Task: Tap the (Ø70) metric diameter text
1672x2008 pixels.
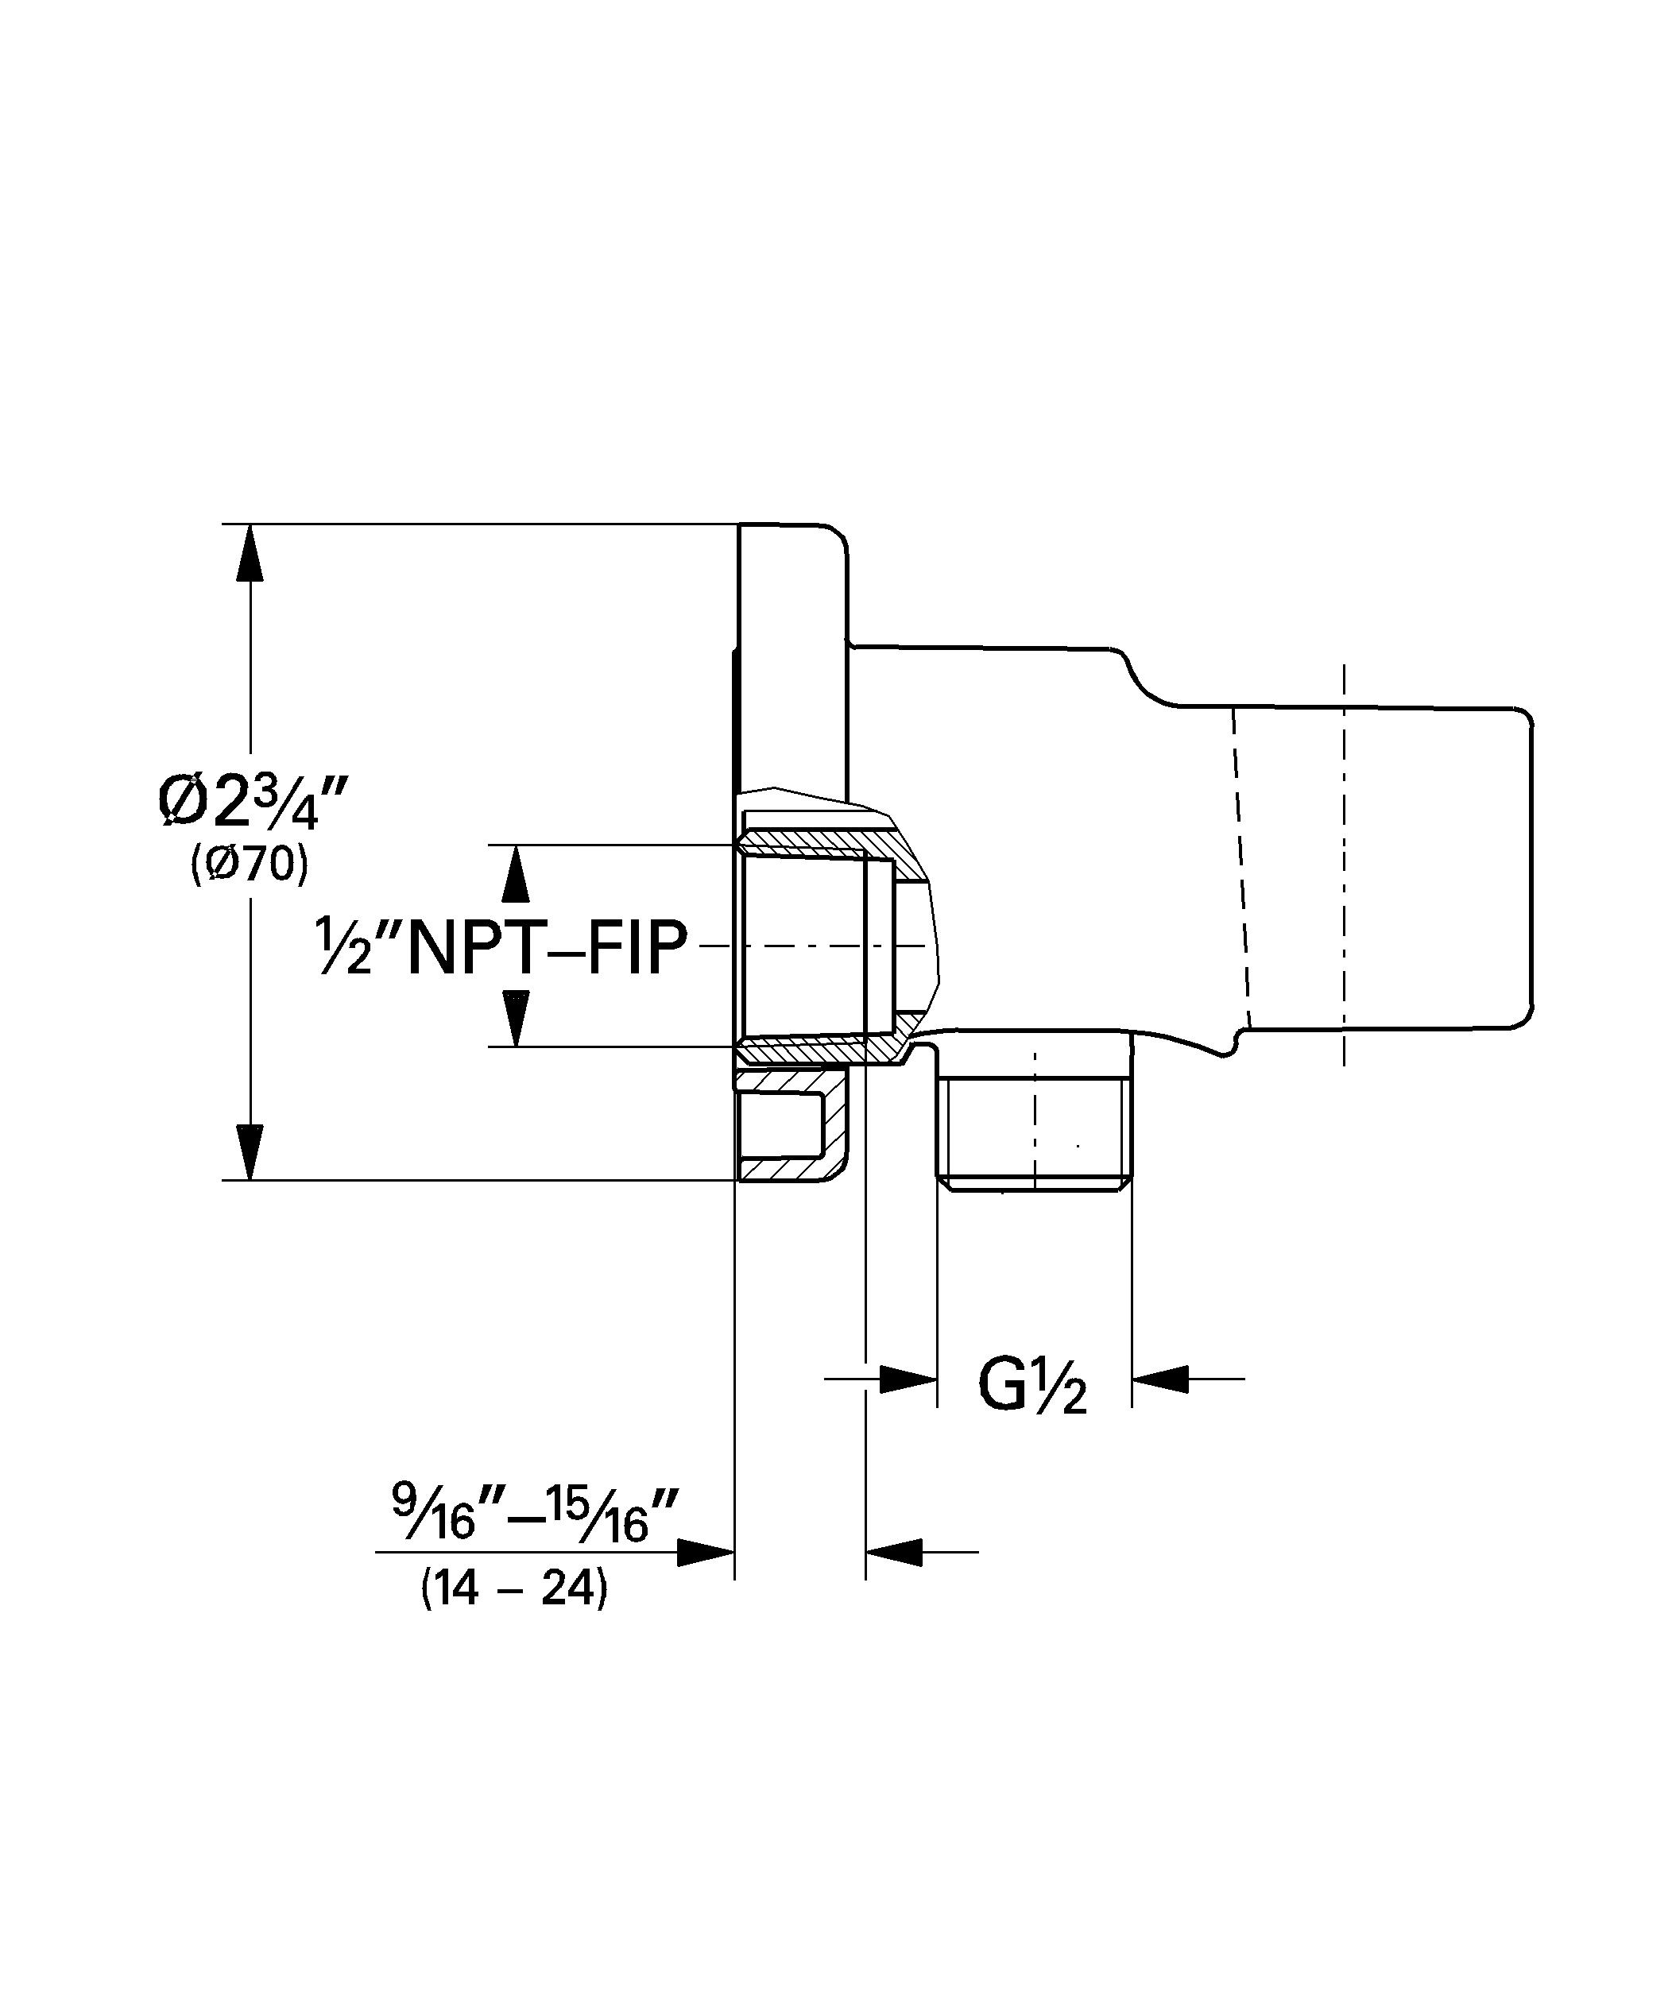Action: point(250,865)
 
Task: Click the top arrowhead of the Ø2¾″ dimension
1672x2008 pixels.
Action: point(250,553)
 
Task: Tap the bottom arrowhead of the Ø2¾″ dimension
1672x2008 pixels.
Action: point(250,1152)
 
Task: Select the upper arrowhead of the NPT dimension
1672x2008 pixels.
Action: point(516,874)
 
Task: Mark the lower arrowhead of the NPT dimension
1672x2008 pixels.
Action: point(516,1019)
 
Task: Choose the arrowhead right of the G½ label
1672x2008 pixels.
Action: point(1160,1379)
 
